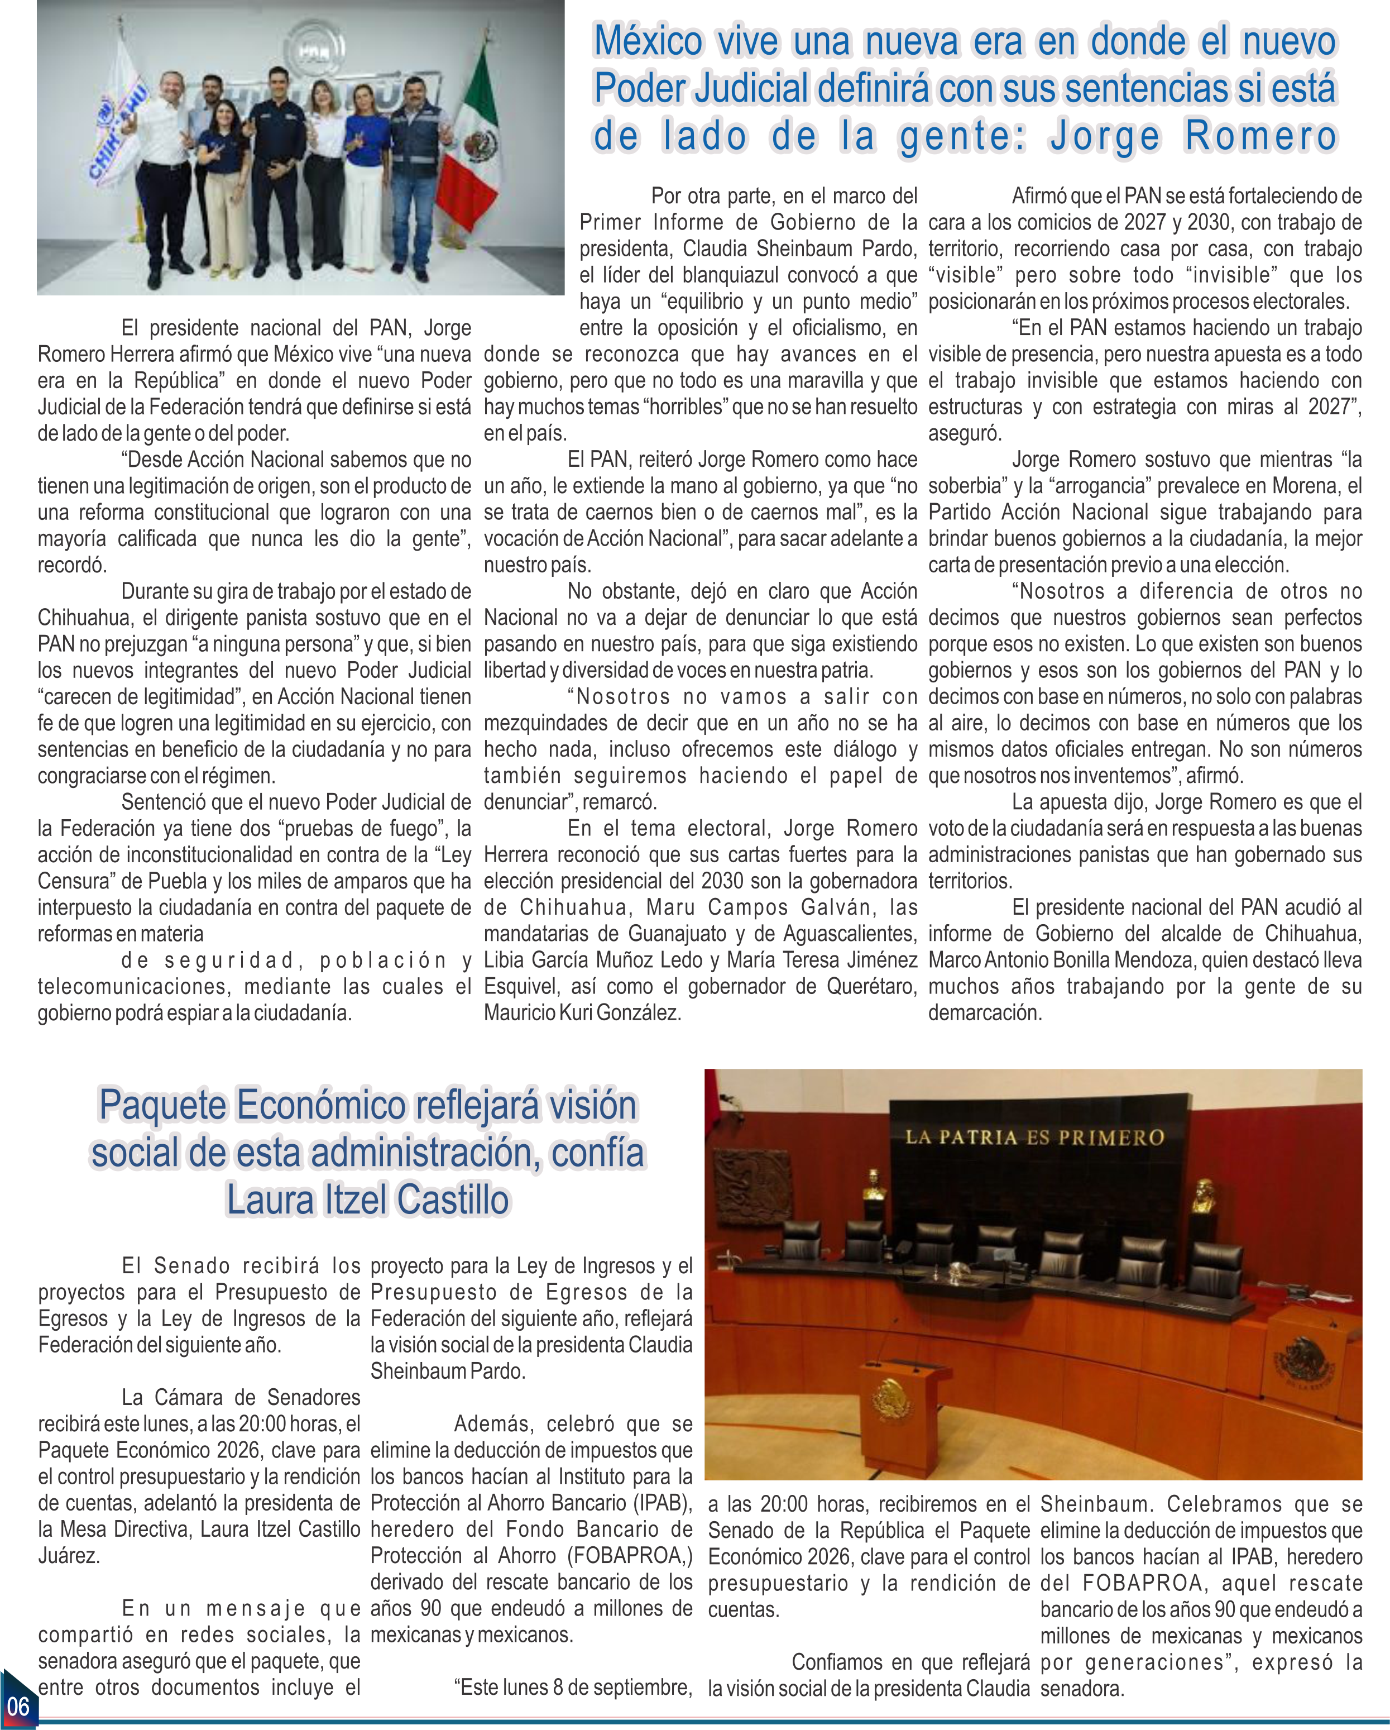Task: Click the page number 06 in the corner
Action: coord(18,1704)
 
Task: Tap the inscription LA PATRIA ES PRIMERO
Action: coord(1034,1137)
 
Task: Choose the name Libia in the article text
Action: coord(505,960)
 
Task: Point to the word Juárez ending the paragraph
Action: coord(69,1555)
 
